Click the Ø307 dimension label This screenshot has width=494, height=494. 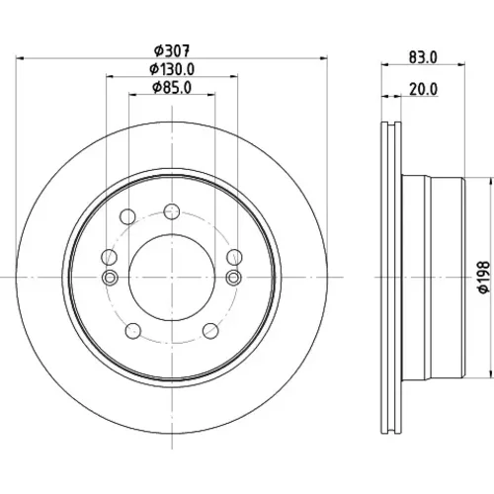click(172, 50)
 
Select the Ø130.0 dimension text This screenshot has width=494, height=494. click(172, 69)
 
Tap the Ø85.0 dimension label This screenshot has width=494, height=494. click(172, 88)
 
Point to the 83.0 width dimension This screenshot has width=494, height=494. click(423, 57)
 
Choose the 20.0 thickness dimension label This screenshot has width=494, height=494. click(424, 89)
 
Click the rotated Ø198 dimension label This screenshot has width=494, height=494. click(483, 277)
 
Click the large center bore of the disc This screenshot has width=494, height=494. click(172, 278)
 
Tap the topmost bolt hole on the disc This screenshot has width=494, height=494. click(172, 211)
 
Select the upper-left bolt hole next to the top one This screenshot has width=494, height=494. click(127, 216)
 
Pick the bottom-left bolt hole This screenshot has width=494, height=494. click(133, 331)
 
